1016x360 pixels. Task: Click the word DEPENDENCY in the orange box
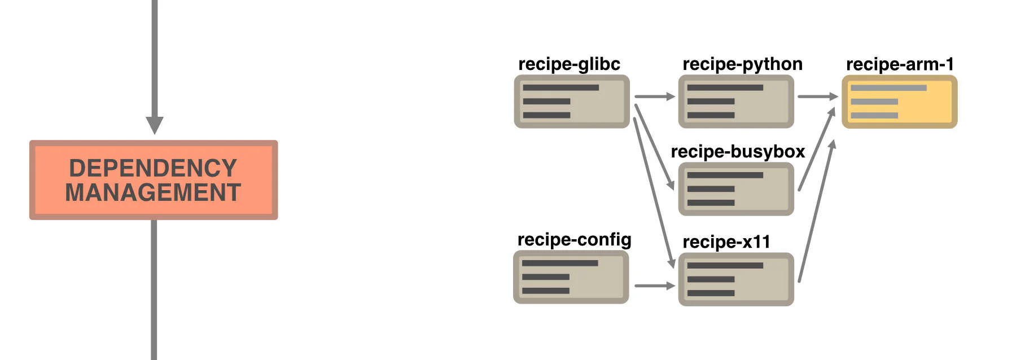pos(152,168)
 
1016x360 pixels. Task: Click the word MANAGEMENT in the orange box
pos(153,192)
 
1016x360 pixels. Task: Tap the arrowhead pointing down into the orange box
pos(154,125)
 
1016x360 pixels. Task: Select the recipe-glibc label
pos(569,64)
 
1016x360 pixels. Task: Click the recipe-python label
pos(742,64)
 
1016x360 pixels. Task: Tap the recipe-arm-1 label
pos(900,64)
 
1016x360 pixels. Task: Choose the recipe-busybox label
pos(737,152)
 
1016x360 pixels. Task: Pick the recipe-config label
pos(574,240)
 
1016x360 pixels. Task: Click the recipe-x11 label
pos(726,242)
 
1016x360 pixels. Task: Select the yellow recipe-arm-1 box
pos(900,102)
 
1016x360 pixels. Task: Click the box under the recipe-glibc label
pos(572,102)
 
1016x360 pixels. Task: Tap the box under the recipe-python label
pos(736,102)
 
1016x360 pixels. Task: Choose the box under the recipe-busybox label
pos(736,189)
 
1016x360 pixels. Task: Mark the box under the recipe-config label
pos(571,277)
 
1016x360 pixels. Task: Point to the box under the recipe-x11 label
pos(736,279)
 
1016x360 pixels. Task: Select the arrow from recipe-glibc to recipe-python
pos(654,96)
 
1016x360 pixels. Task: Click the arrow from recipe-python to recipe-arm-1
pos(817,96)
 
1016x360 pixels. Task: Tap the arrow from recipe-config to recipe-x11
pos(654,286)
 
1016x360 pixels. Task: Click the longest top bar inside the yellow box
pos(888,88)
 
